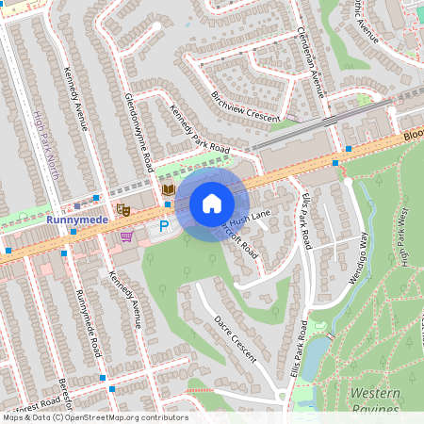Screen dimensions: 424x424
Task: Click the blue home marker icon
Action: point(212,204)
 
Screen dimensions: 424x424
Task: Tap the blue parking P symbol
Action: point(164,226)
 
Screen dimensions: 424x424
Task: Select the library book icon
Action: point(168,190)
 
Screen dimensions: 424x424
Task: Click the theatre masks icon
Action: point(122,208)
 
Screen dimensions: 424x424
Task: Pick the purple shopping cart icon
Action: point(126,236)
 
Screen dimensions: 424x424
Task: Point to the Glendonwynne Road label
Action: point(138,132)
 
